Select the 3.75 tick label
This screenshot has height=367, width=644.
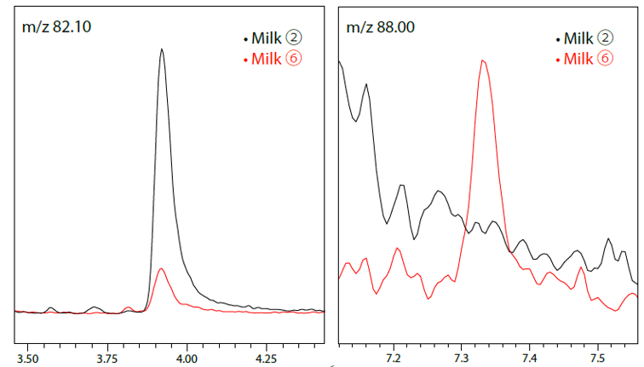(107, 358)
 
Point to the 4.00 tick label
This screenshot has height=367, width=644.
(187, 358)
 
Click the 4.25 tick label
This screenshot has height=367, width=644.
(267, 358)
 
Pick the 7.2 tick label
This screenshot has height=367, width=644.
(394, 358)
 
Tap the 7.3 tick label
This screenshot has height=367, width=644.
(462, 358)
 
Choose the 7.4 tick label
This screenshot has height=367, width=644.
(529, 358)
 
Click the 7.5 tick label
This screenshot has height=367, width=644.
(597, 358)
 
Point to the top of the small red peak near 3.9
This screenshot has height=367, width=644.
(163, 269)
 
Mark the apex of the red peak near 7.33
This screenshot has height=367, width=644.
(482, 60)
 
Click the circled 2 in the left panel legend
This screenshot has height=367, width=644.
(295, 38)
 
